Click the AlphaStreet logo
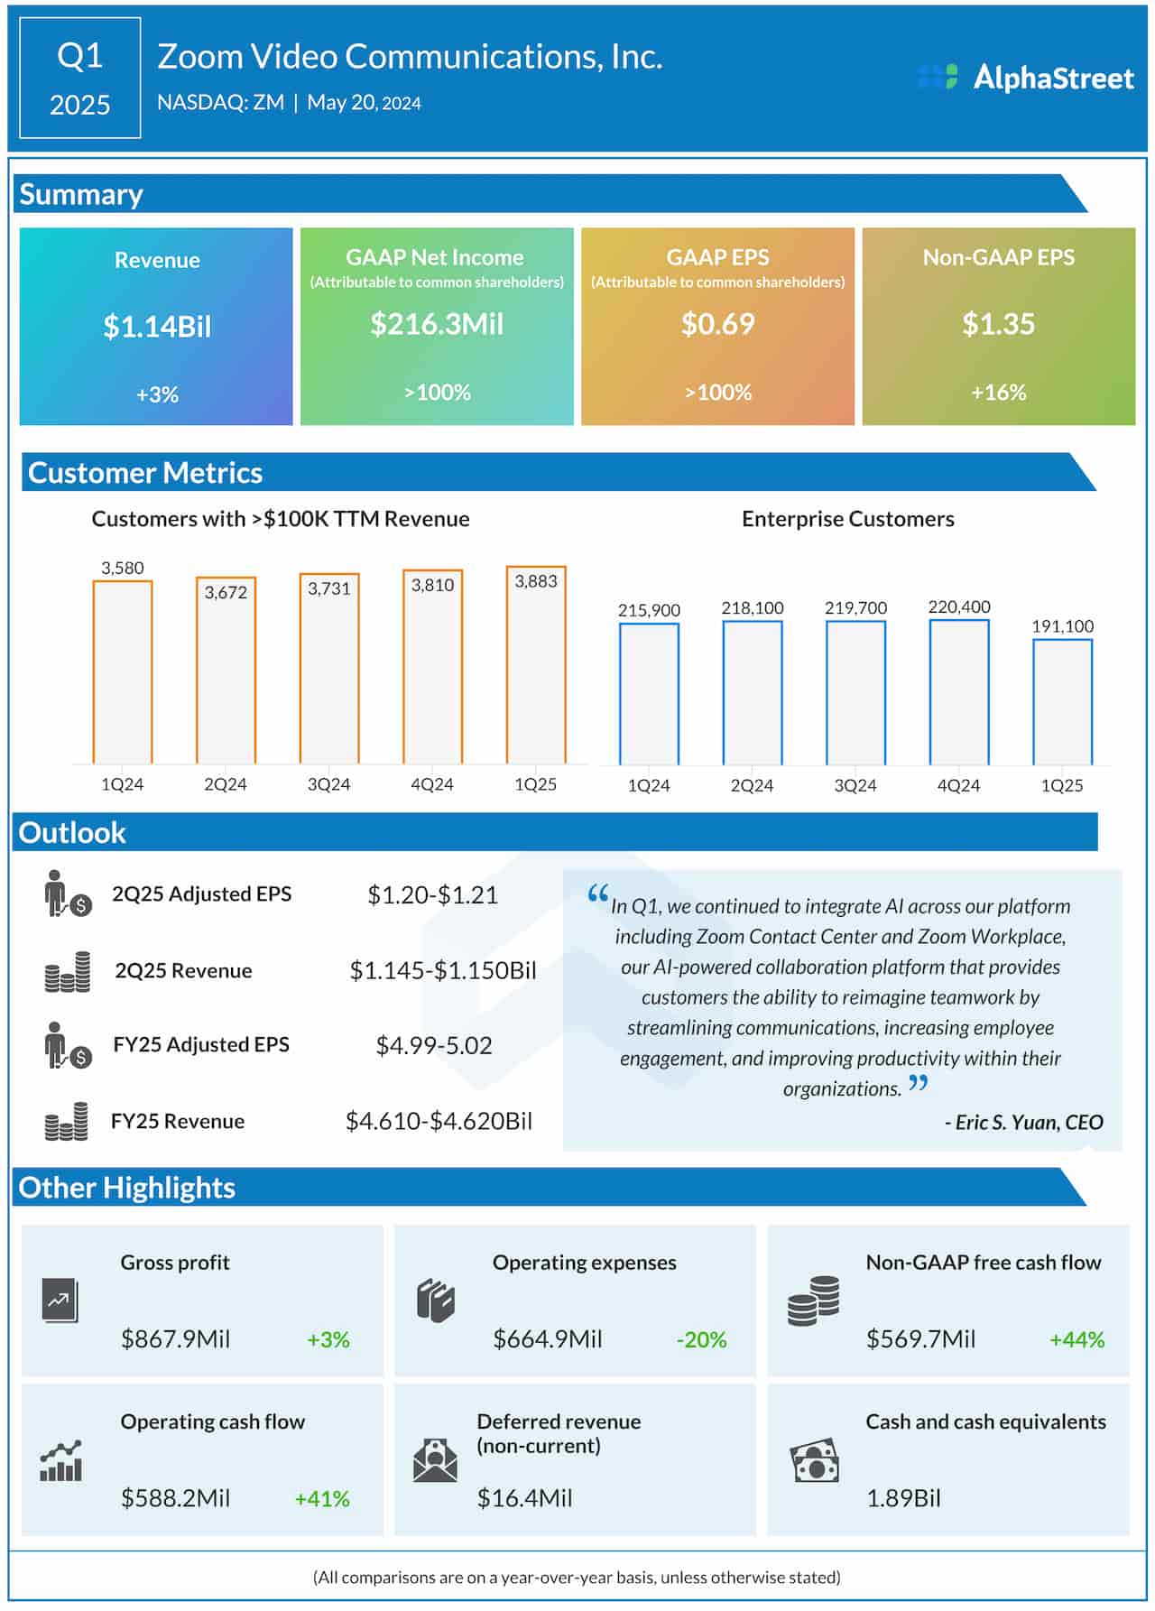pos(1026,78)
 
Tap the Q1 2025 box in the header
pos(79,79)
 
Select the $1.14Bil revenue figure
pos(157,326)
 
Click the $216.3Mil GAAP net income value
pos(437,324)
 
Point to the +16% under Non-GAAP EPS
pos(998,393)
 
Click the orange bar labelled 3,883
pos(536,668)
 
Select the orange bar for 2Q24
pos(226,672)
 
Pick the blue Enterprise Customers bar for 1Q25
pos(1062,702)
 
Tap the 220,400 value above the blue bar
pos(958,606)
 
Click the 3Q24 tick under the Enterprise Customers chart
pos(855,785)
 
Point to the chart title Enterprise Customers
pos(847,519)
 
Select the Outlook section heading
pos(72,832)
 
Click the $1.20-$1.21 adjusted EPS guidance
pos(432,894)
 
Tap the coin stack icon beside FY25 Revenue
pos(67,1122)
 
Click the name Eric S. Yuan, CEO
pos(1023,1122)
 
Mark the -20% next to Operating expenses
pos(701,1339)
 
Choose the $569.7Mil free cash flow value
pos(920,1339)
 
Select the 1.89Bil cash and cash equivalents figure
pos(903,1498)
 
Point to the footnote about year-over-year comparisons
pos(577,1578)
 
